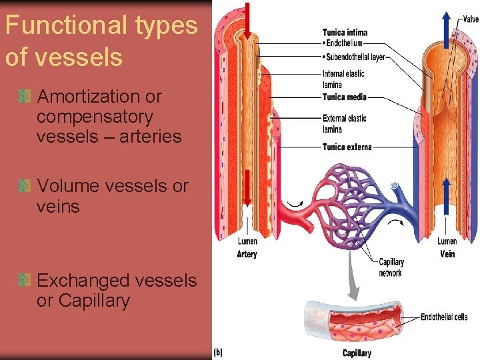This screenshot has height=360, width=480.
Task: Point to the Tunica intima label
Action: [345, 32]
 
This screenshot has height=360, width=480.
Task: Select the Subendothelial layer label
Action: [354, 57]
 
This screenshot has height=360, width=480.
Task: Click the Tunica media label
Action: [344, 97]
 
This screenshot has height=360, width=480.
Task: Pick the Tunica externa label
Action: [347, 147]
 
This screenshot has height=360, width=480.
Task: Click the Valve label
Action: [470, 20]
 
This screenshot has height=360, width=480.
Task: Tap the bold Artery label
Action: [247, 254]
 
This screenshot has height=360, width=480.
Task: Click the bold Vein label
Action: [447, 254]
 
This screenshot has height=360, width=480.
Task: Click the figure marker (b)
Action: [218, 352]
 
